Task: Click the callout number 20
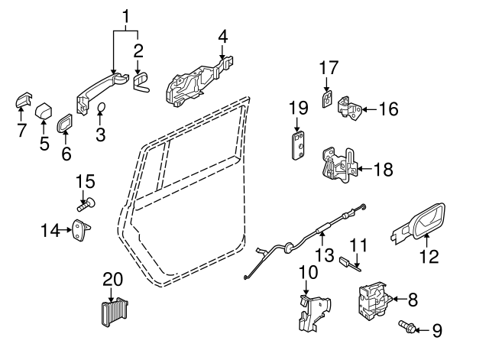tap(113, 280)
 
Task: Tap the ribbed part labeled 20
tap(115, 313)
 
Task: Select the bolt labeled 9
tap(406, 326)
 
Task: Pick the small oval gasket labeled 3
tap(102, 107)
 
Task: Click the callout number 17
tap(329, 68)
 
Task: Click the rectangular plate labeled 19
tap(298, 146)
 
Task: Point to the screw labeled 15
tap(86, 204)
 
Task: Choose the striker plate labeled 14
tap(81, 229)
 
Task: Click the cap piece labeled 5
tap(44, 112)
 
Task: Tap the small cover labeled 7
tap(24, 99)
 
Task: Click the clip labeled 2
tap(141, 82)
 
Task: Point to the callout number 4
tap(222, 37)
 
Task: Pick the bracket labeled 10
tap(313, 313)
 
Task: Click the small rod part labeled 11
tap(350, 263)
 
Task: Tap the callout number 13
tap(325, 255)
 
